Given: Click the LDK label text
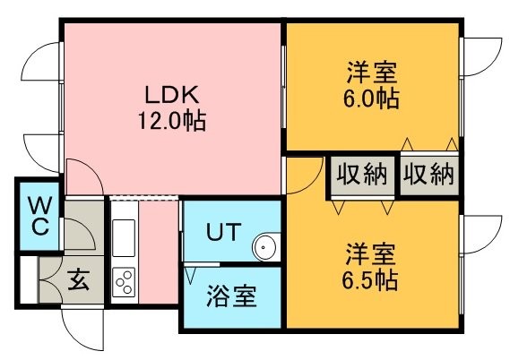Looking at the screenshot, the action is point(171,95).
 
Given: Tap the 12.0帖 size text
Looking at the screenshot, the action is point(172,121).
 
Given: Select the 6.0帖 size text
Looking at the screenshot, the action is point(371,99).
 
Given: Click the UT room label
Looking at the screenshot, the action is point(224,231).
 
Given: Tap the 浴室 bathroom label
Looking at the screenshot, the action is point(231,296).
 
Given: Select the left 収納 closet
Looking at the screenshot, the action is point(362,176).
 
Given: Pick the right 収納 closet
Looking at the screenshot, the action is point(429,176).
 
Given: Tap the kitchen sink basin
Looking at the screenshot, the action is point(124,238).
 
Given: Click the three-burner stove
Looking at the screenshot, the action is point(124,282).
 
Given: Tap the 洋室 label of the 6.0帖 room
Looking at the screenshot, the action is point(371,73).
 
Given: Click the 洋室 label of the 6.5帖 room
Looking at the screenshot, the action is point(370,254).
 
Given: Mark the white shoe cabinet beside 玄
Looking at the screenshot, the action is point(29,279).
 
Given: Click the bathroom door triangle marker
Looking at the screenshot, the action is point(190,275).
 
